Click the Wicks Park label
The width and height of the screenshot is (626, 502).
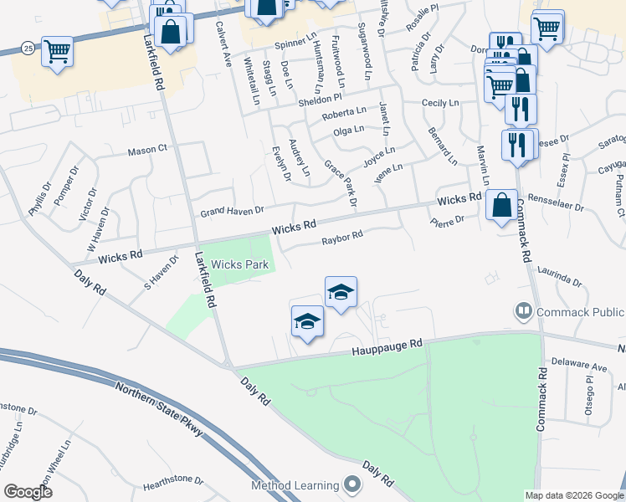240,264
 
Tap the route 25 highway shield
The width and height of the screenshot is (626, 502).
28,49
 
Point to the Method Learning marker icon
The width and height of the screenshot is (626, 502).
352,484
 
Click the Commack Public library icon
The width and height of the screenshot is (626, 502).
524,311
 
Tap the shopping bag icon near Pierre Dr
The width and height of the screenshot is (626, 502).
500,205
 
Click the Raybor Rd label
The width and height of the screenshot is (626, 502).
342,238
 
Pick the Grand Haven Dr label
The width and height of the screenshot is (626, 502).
231,211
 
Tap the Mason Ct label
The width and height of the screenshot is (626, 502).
148,151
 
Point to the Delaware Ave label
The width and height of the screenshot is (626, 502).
579,366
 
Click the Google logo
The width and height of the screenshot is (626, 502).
28,492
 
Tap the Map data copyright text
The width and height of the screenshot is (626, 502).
573,495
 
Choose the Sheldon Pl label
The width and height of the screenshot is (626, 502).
321,100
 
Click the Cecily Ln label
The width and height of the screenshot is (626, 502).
441,103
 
